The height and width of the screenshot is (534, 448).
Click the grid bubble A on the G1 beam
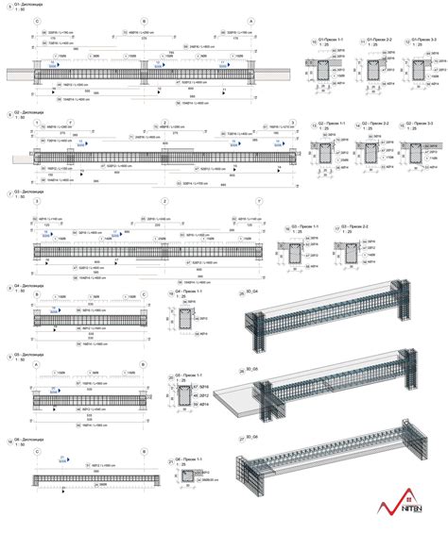[250, 20]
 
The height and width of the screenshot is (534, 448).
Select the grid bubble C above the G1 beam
[36, 20]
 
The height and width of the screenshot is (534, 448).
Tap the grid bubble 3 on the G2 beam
[293, 123]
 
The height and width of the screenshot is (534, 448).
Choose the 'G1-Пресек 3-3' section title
[422, 42]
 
